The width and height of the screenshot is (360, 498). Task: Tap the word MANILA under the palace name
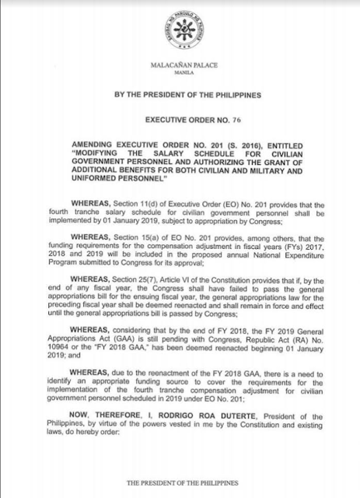pos(180,79)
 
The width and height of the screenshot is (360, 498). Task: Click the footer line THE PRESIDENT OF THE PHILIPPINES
pos(180,483)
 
